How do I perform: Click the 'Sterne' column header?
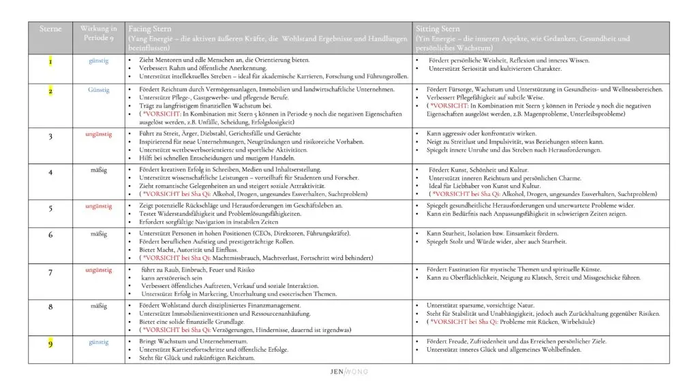point(50,29)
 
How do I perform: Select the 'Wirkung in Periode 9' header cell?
point(99,33)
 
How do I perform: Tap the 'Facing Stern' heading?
point(149,29)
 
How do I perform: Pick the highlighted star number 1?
point(50,63)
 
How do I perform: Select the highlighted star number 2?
point(50,91)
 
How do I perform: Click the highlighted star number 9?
point(50,344)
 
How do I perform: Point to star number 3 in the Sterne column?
point(50,137)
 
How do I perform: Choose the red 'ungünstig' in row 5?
point(99,206)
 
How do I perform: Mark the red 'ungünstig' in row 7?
point(99,270)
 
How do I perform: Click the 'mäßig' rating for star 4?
point(99,170)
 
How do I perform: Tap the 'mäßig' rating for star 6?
point(99,234)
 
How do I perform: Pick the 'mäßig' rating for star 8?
point(99,306)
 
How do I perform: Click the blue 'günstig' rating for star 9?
point(99,342)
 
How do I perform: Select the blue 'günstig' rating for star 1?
point(99,61)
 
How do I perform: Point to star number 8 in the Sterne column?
point(50,308)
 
